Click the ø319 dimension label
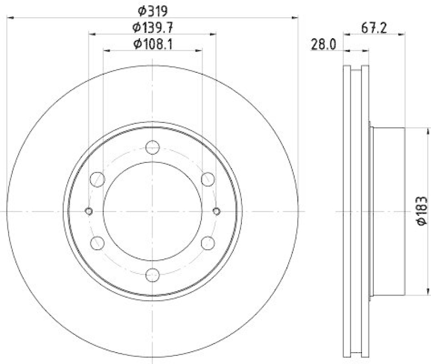click(152, 10)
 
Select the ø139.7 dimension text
click(152, 26)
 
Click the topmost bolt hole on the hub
click(153, 147)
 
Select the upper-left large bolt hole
click(98, 178)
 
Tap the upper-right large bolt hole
click(208, 178)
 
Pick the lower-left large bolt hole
click(98, 243)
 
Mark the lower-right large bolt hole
click(208, 243)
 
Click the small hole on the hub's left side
click(89, 211)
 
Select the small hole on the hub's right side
click(217, 211)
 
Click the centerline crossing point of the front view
click(153, 211)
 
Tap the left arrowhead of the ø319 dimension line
click(10, 18)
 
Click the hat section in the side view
click(388, 211)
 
